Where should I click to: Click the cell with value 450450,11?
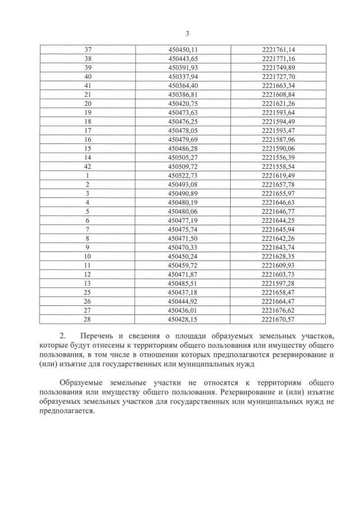[x=183, y=49]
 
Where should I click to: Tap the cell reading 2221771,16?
[x=278, y=58]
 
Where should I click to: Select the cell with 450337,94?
[x=183, y=76]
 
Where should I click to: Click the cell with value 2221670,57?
[x=278, y=320]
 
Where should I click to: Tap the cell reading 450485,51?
[x=183, y=284]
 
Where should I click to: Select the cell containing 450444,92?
[x=183, y=302]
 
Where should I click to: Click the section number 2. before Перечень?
[x=62, y=336]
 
